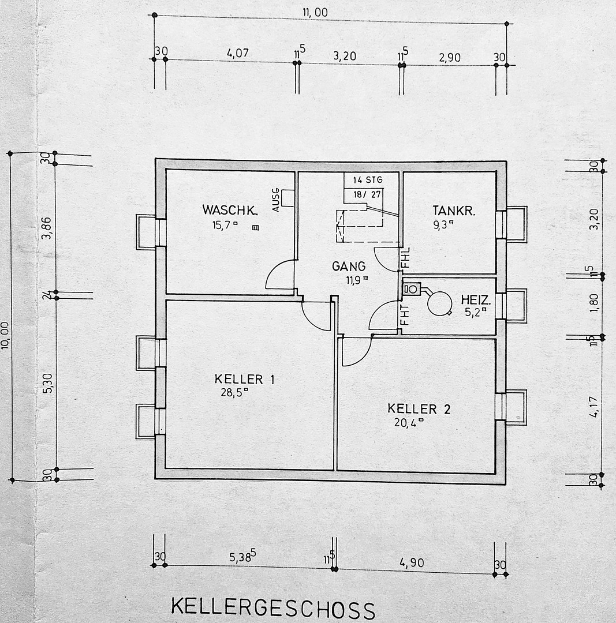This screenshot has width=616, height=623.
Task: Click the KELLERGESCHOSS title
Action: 273,608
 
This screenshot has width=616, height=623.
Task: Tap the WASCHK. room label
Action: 229,210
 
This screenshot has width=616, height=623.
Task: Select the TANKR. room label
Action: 454,211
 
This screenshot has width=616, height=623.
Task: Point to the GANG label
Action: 349,266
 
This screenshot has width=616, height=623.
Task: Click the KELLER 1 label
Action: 244,379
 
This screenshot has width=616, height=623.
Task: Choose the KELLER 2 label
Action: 419,409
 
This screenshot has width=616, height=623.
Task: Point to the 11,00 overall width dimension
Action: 315,12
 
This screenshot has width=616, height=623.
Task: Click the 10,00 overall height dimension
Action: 5,335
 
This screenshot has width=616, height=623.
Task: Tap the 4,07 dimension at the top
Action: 237,53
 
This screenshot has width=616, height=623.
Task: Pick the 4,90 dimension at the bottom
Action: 412,562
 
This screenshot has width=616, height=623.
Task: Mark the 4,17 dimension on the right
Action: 594,407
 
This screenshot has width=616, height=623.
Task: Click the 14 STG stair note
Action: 368,180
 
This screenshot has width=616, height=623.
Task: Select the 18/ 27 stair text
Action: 367,195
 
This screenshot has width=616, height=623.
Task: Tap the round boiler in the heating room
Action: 439,303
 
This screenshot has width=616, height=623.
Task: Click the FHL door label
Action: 405,257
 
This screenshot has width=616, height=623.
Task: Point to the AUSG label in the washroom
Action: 275,200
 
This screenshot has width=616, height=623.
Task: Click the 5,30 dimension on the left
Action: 48,382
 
